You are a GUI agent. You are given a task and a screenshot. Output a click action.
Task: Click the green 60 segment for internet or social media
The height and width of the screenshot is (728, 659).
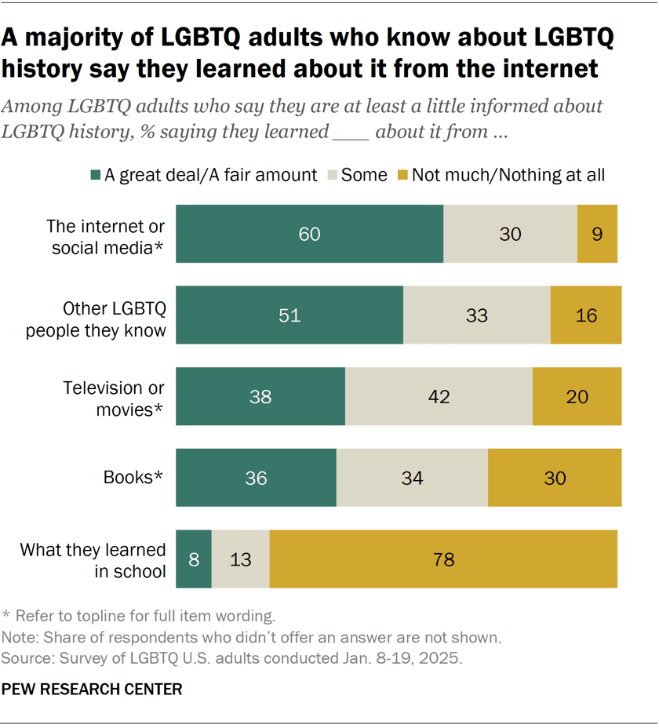309,234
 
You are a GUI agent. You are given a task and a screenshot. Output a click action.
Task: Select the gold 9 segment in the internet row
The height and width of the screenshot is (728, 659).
597,234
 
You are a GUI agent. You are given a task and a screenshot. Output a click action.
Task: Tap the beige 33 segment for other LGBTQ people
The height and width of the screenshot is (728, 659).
476,315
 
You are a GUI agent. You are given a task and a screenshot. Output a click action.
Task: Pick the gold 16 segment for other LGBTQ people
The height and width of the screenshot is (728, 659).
585,315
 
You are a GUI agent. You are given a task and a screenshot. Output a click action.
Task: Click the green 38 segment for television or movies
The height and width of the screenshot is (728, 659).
260,396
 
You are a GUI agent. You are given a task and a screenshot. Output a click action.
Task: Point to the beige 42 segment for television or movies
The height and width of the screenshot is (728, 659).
439,396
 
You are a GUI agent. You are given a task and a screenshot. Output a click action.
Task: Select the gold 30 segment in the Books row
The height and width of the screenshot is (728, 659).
555,478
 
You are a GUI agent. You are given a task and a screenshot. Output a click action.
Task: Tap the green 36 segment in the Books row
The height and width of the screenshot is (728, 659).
256,478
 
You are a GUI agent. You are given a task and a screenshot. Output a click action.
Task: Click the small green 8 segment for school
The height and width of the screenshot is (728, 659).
193,559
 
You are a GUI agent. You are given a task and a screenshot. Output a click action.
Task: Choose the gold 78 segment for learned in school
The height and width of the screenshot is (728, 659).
443,559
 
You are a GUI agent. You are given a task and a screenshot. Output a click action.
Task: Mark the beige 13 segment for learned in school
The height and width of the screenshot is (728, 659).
240,559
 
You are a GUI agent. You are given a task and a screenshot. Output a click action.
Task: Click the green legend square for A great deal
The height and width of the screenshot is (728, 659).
96,175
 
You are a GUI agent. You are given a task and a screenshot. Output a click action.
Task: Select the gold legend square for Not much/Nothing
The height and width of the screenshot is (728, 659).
402,175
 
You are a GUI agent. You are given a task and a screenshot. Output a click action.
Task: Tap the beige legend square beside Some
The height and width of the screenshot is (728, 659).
332,175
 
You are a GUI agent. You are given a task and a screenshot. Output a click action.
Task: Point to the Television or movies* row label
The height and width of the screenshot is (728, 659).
114,396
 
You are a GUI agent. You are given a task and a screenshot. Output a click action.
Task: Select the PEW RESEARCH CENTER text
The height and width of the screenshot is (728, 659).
93,690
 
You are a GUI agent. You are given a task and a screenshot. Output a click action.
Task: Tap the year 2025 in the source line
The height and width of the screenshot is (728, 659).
442,658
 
